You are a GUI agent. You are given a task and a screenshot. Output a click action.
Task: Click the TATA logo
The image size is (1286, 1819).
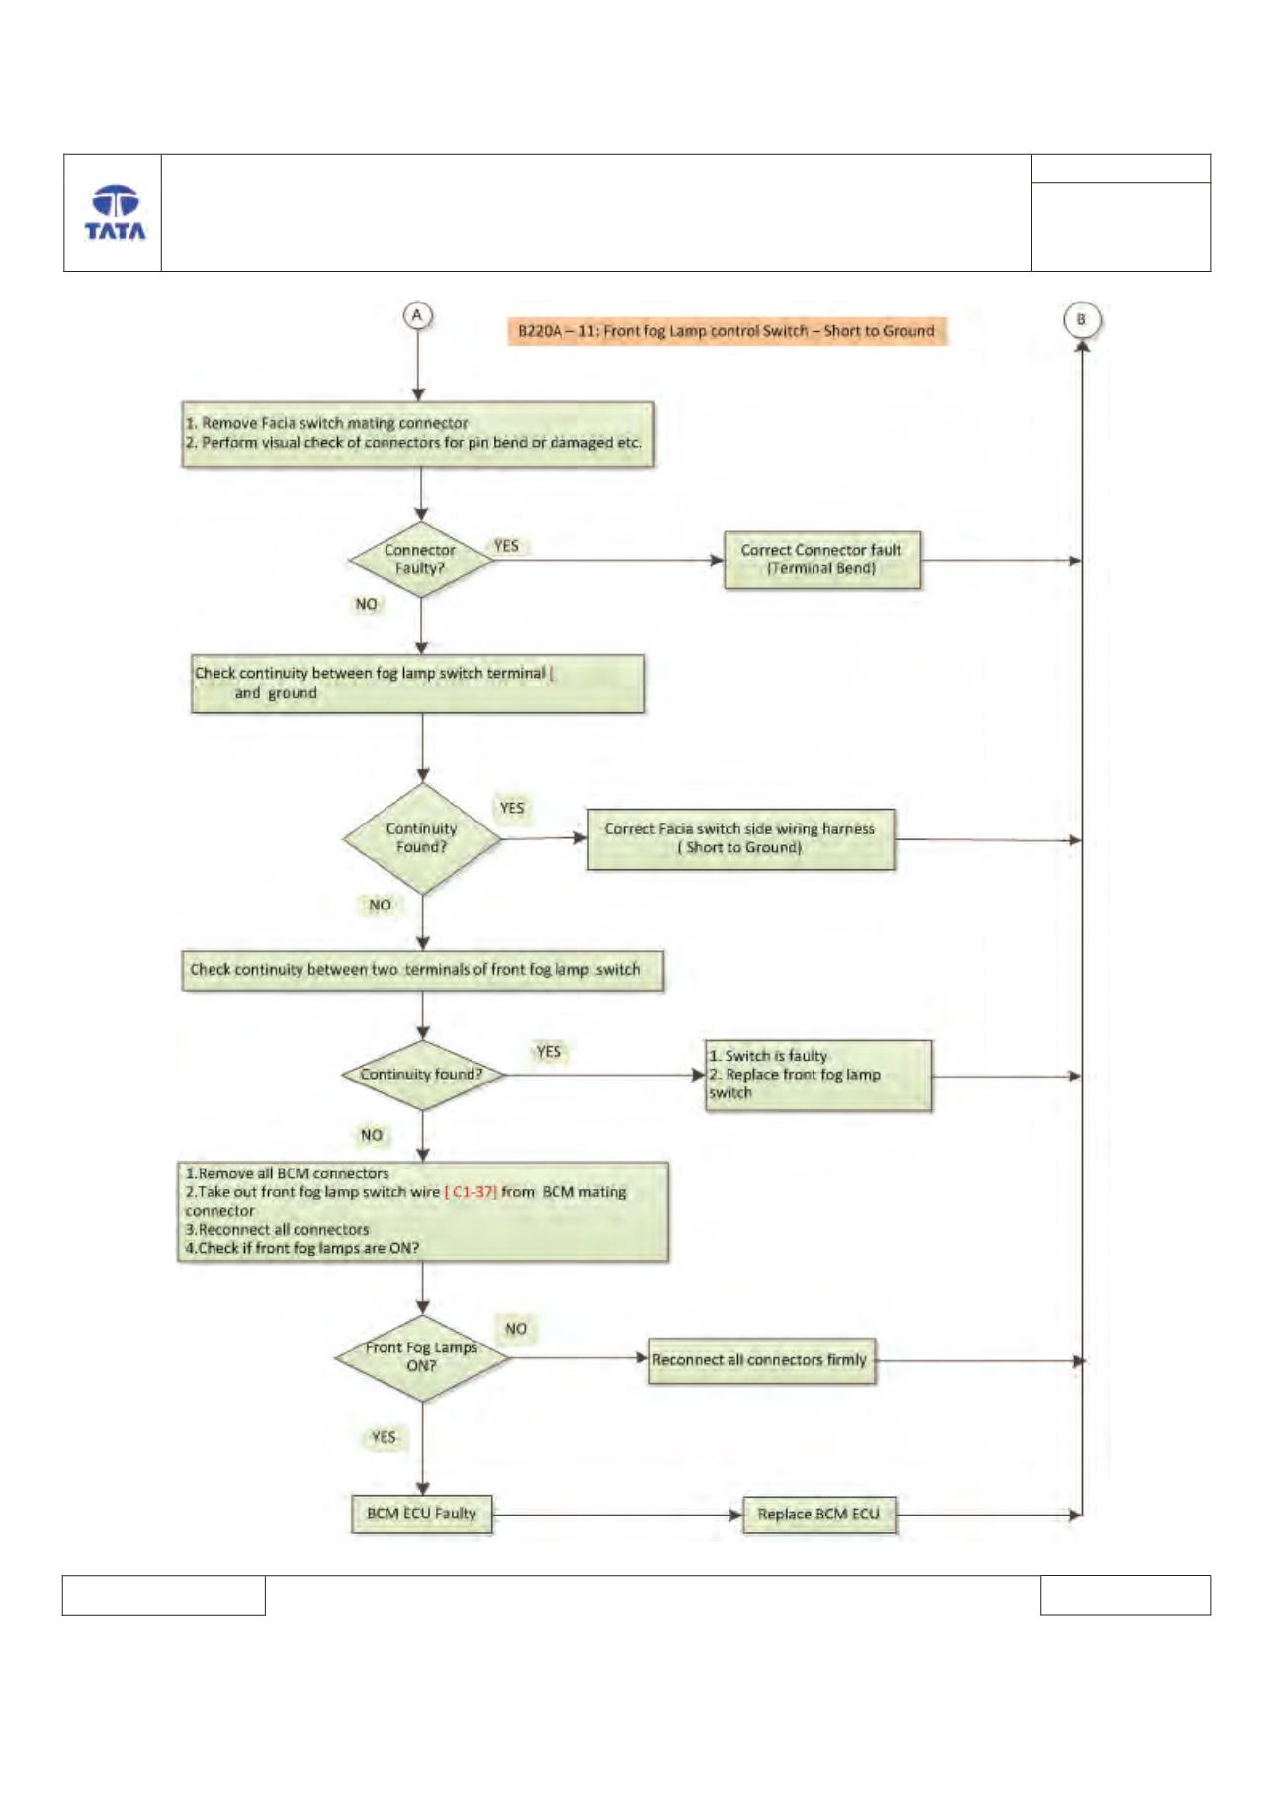(x=115, y=213)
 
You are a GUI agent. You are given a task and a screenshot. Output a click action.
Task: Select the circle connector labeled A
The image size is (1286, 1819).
(x=417, y=315)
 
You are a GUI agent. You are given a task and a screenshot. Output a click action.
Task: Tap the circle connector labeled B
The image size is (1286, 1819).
(x=1081, y=319)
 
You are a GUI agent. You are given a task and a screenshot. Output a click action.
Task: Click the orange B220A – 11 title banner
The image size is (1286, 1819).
(x=727, y=331)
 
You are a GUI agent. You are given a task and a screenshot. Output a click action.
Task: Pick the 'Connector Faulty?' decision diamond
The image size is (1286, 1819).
(x=421, y=560)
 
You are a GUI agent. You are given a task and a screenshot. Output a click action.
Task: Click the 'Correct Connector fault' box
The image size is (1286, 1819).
(x=822, y=560)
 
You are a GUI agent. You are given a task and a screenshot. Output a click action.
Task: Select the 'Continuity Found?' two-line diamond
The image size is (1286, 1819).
(x=422, y=838)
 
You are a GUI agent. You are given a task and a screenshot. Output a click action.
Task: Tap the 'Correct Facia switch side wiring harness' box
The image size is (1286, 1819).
(x=740, y=839)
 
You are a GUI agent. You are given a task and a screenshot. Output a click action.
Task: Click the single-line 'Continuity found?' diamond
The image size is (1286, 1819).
(x=422, y=1075)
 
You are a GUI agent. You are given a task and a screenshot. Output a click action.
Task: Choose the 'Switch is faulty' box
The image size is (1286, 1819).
(x=817, y=1075)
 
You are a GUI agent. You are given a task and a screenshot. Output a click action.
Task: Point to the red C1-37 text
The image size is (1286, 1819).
(x=471, y=1192)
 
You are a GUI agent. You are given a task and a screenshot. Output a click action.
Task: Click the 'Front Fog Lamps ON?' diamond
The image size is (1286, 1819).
(x=422, y=1357)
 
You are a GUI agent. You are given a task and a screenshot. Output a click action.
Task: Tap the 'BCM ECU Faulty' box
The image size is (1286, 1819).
(x=422, y=1514)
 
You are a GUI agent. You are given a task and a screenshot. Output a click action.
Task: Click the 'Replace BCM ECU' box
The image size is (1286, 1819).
(x=819, y=1515)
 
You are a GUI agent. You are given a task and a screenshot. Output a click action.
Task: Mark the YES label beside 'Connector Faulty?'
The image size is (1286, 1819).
(x=506, y=546)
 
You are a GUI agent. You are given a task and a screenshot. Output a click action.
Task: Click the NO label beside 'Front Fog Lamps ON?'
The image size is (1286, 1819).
(x=516, y=1329)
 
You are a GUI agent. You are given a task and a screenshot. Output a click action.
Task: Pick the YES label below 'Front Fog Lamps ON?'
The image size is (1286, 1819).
(x=384, y=1437)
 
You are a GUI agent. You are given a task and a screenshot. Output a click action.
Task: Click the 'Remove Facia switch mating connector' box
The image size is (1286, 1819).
(x=418, y=434)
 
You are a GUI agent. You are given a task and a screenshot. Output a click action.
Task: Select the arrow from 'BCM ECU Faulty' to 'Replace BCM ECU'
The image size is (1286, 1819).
(x=618, y=1515)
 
